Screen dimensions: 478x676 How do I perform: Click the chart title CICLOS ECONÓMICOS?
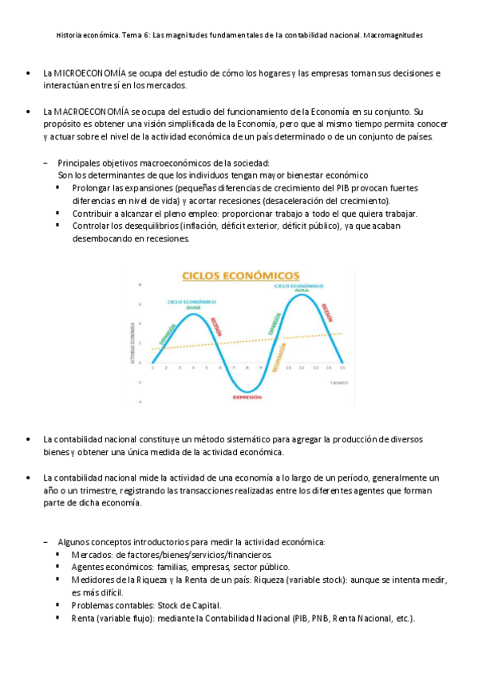pyautogui.click(x=241, y=276)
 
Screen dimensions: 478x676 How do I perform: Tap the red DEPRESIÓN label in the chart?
pyautogui.click(x=247, y=397)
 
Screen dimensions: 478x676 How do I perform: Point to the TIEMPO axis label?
pyautogui.click(x=340, y=383)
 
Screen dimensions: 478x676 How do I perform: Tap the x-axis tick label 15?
pyautogui.click(x=343, y=367)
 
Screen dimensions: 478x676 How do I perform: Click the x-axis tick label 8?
pyautogui.click(x=247, y=367)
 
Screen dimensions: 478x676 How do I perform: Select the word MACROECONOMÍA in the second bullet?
pyautogui.click(x=88, y=112)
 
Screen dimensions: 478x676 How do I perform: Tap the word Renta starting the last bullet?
pyautogui.click(x=82, y=619)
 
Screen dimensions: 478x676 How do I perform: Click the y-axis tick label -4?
pyautogui.click(x=140, y=402)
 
